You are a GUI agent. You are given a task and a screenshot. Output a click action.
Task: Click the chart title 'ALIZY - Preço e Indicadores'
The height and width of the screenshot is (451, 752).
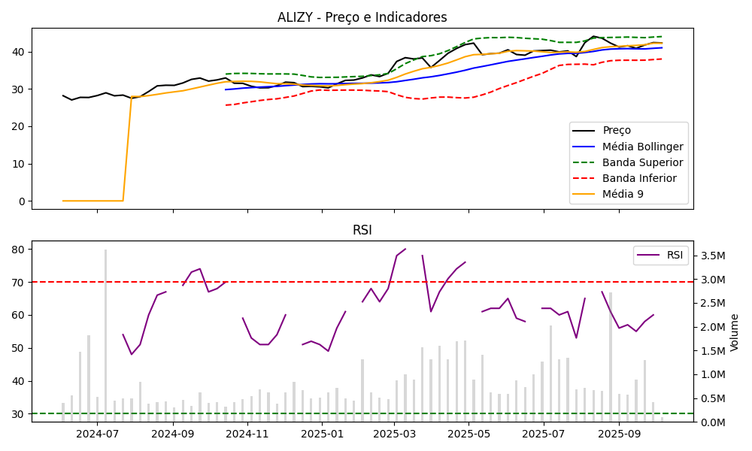pos(362,17)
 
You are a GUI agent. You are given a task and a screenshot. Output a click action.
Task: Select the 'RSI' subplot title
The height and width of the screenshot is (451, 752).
pos(362,230)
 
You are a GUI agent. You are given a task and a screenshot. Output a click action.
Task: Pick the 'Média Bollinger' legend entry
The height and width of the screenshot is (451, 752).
pos(642,147)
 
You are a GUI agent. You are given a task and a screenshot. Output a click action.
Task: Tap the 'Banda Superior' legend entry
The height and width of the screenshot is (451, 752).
pos(642,162)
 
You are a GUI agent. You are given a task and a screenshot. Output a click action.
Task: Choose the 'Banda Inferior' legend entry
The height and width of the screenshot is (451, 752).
pos(639,178)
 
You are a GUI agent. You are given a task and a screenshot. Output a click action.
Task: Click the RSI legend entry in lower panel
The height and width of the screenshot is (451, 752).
pos(675,255)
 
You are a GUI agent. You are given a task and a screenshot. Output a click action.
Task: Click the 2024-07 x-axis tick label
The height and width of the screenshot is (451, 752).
pos(98,433)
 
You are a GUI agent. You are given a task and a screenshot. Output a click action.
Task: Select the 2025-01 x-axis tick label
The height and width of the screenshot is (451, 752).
pos(321,433)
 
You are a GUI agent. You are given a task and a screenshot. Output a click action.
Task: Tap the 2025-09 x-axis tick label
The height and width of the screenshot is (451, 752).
pos(619,433)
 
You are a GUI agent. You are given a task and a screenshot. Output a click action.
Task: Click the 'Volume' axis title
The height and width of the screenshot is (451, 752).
pos(735,332)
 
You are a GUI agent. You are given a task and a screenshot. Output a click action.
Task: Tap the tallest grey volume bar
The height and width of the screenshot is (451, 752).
pos(105,335)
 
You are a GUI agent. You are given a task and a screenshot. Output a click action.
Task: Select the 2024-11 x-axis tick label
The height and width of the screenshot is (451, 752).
pos(247,433)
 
